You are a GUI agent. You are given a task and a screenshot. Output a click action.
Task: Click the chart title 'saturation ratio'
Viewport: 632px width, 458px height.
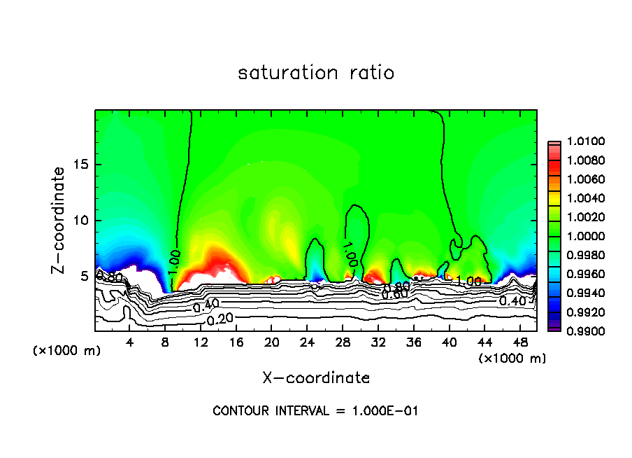click(316, 73)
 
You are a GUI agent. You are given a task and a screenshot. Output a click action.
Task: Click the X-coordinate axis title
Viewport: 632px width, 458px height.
click(316, 378)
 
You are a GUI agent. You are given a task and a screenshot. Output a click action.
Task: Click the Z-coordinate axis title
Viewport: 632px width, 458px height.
click(60, 220)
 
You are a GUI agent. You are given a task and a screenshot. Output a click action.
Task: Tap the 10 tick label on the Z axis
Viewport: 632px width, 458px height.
click(82, 220)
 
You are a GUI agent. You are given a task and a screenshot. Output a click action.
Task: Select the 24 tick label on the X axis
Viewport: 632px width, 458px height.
click(308, 342)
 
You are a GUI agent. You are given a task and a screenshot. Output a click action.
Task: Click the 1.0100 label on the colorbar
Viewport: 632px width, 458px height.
click(580, 142)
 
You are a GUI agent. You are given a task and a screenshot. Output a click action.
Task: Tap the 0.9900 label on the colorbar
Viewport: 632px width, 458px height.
click(580, 331)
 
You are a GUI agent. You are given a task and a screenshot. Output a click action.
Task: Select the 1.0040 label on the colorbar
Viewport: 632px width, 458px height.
click(580, 199)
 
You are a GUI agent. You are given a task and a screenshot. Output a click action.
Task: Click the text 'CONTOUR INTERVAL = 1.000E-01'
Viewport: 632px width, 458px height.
click(315, 411)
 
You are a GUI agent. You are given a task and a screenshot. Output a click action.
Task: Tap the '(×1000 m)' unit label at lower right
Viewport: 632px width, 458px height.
click(512, 358)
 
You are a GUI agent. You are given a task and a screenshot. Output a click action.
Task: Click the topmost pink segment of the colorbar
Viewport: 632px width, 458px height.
click(554, 144)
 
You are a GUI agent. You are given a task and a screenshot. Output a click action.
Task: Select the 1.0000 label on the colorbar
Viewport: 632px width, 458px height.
click(580, 236)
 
